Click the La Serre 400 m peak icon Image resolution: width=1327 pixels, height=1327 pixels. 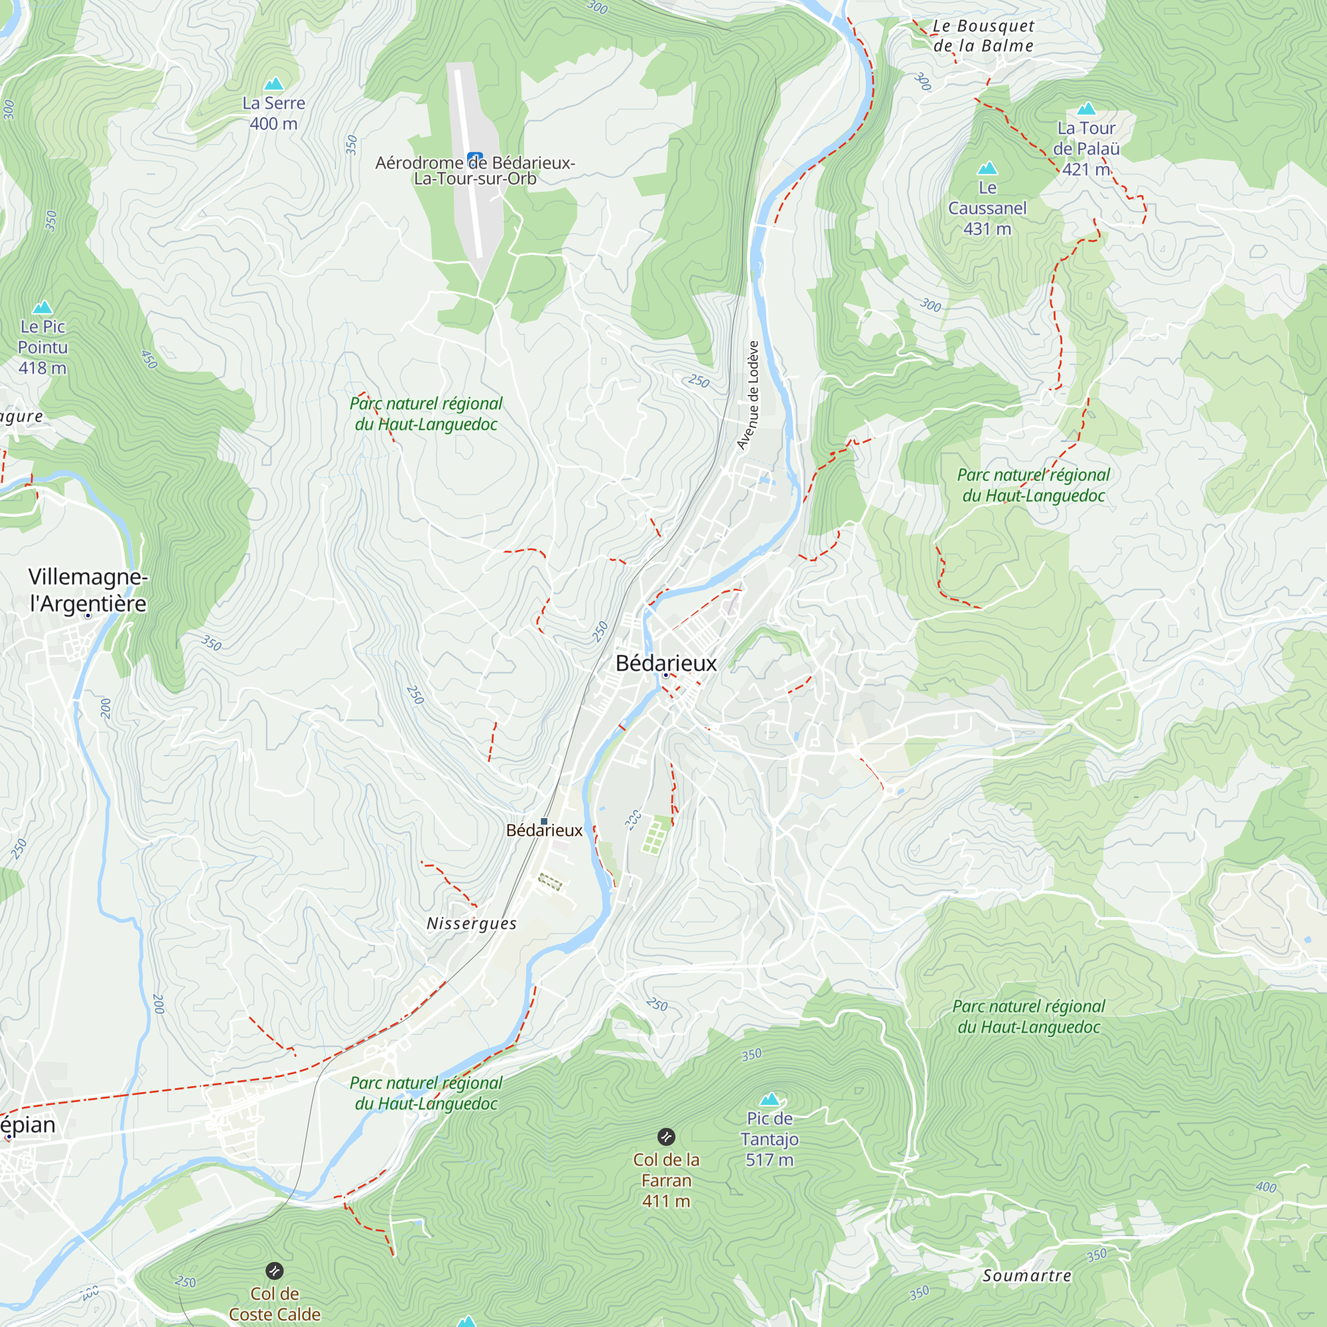click(274, 84)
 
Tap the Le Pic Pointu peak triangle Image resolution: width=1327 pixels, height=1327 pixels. click(42, 307)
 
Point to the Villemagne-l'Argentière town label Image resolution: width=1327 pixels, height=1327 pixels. click(88, 590)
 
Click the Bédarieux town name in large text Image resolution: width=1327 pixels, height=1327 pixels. click(665, 663)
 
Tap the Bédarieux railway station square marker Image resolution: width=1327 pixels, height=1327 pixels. click(544, 821)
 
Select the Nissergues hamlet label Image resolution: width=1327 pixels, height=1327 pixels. click(471, 923)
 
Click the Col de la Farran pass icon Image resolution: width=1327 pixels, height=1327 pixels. click(665, 1137)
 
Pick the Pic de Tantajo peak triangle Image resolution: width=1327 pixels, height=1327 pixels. click(769, 1099)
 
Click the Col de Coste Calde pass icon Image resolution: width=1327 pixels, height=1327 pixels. click(274, 1271)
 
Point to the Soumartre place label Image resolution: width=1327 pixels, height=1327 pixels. click(1026, 1275)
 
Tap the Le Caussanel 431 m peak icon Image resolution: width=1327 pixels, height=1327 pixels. click(987, 169)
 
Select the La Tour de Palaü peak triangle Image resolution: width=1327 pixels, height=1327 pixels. click(1086, 109)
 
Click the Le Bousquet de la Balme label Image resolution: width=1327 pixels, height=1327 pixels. click(983, 36)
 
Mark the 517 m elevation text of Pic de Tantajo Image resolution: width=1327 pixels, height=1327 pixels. click(769, 1160)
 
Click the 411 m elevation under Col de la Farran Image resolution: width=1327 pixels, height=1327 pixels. click(665, 1202)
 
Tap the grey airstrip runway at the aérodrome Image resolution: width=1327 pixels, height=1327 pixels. click(470, 165)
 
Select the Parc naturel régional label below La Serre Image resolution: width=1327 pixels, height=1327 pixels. click(426, 413)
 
